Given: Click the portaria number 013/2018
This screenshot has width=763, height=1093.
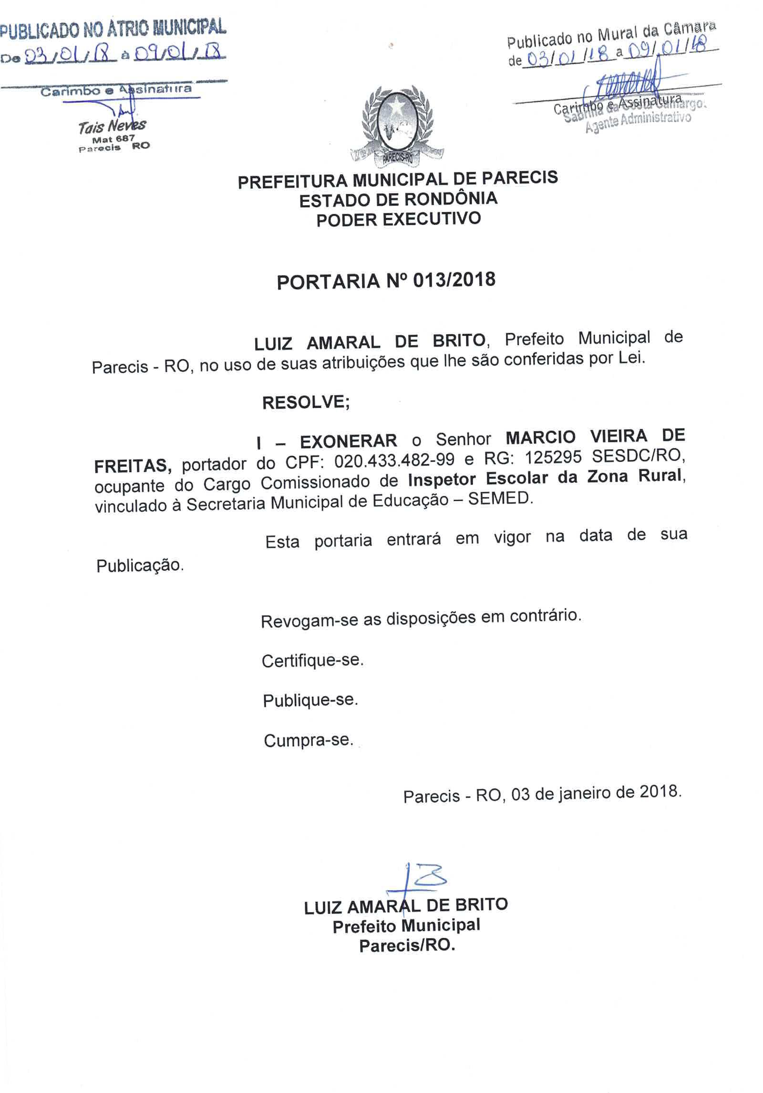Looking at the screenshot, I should coord(454,280).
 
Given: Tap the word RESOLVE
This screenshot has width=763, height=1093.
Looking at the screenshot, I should coord(305,403).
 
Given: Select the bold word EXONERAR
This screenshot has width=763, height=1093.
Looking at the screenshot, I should coord(348,441).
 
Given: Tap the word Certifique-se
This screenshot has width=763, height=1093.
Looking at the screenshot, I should coord(312,661).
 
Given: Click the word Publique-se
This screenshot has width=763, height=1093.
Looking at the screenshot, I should coord(310,701).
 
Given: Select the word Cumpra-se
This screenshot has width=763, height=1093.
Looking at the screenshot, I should coord(309,741).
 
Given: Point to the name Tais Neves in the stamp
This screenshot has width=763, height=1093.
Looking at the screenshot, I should coord(112,126).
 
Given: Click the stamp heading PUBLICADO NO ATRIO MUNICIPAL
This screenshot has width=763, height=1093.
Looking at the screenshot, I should coord(113,29).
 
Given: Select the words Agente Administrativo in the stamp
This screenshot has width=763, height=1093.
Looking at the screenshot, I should coord(638,122).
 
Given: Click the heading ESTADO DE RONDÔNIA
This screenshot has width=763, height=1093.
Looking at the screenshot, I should coord(398,199).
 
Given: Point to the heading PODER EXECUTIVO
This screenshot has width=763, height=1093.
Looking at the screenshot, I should coord(399,220).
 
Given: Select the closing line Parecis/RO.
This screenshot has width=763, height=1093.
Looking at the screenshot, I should coord(407,946).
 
